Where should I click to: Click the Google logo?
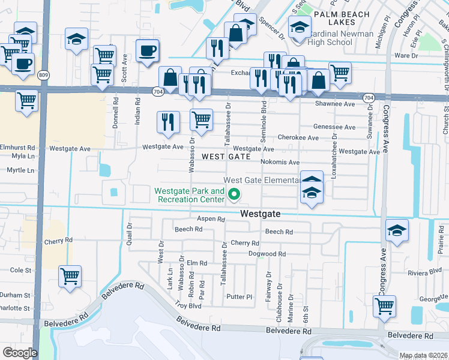tap(20, 352)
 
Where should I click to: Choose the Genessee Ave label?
tap(334, 127)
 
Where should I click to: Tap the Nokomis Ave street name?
tap(280, 162)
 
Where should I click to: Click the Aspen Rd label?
tap(210, 220)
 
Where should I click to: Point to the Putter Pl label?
tap(239, 297)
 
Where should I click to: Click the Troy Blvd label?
tap(187, 305)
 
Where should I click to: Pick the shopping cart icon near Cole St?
tap(70, 277)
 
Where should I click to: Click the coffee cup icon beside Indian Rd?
tap(147, 50)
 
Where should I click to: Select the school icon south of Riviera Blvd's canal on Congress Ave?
tap(397, 231)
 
